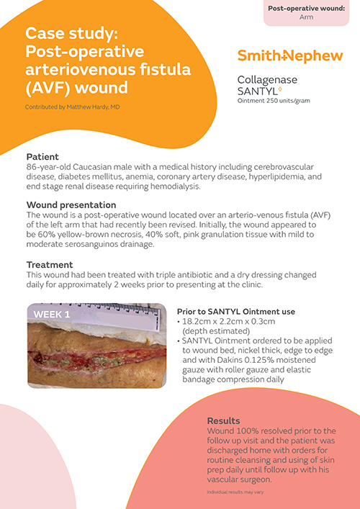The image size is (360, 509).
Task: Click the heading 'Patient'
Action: pos(42,156)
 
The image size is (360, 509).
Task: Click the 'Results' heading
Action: pos(224,420)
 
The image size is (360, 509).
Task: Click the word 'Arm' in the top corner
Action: pos(306,17)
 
